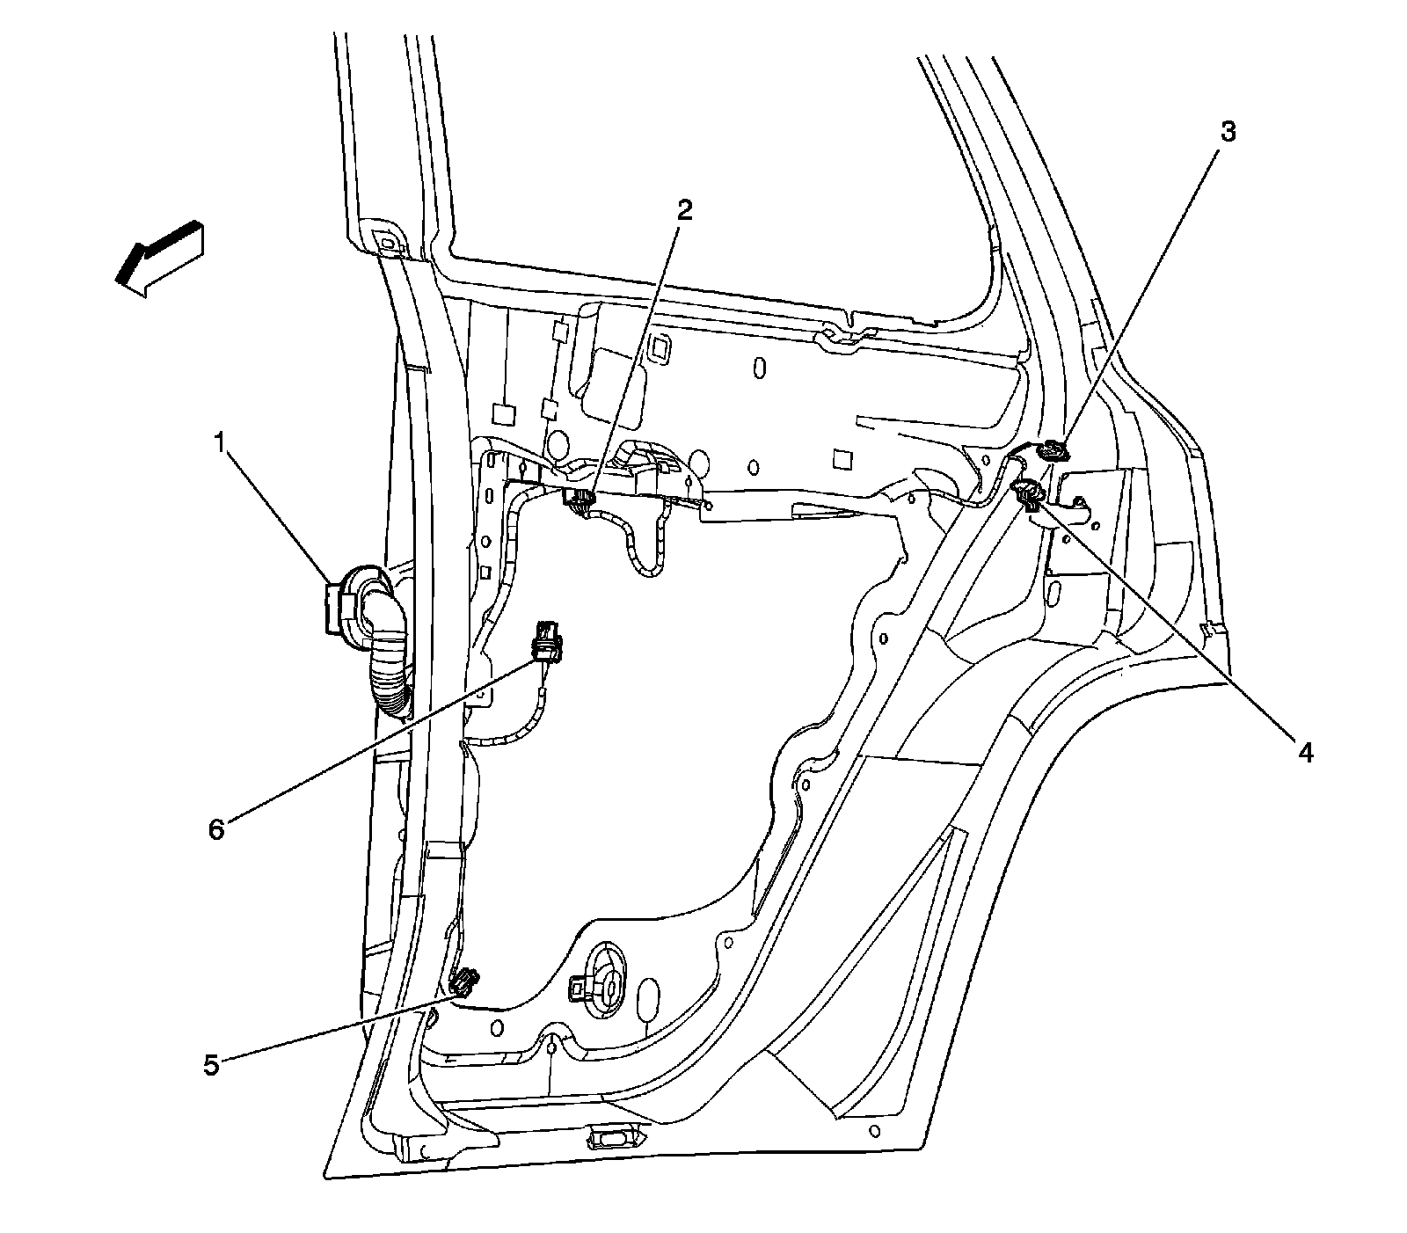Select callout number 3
(x=1228, y=133)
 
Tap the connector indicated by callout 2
(x=578, y=501)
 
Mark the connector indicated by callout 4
(x=1027, y=493)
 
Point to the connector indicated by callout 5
(x=465, y=981)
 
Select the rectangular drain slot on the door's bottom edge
(x=609, y=1138)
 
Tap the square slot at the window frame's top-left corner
(x=386, y=238)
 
